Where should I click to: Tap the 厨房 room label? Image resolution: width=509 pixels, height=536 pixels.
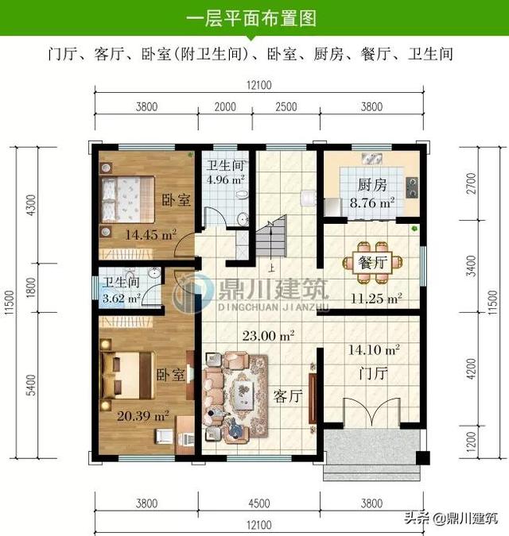click(371, 185)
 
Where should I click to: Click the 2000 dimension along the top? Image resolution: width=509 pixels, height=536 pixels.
click(225, 106)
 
